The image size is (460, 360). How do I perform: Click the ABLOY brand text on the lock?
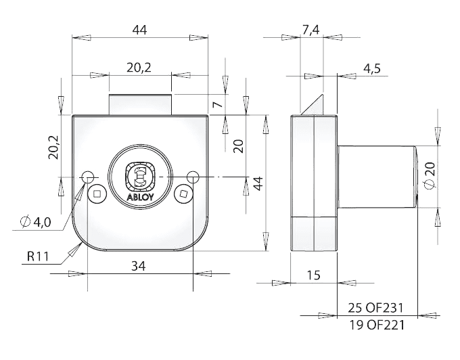pos(139,198)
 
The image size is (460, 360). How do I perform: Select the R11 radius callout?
pos(40,257)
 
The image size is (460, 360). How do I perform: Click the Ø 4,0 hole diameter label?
pos(36,221)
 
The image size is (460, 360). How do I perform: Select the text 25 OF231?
pos(376,308)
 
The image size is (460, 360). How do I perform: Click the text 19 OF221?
pos(376,325)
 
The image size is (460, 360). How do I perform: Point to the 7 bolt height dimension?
pos(216,105)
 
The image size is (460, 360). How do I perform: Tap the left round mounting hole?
pos(87,177)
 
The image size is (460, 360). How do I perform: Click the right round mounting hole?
pos(193,177)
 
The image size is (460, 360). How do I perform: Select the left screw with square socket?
pos(99,194)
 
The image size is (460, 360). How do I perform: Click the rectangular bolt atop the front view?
pos(141,105)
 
